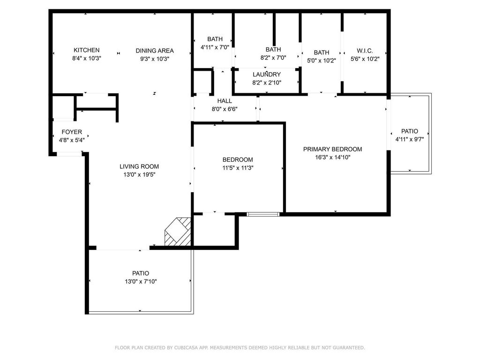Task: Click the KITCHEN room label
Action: point(86,50)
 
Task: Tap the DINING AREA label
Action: point(155,51)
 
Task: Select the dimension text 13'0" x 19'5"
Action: point(139,174)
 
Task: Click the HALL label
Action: point(225,101)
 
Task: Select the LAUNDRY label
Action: point(267,75)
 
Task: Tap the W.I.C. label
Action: point(365,51)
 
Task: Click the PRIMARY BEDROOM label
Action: point(332,149)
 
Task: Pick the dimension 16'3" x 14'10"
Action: point(332,157)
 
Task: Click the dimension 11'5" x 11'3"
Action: point(238,167)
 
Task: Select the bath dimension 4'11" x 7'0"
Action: point(215,47)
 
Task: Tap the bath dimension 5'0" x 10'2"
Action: point(322,60)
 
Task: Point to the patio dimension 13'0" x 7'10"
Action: point(140,281)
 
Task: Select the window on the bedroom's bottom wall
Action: point(263,214)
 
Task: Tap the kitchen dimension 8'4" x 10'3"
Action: point(86,59)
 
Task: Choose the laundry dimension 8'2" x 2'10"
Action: point(267,82)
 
